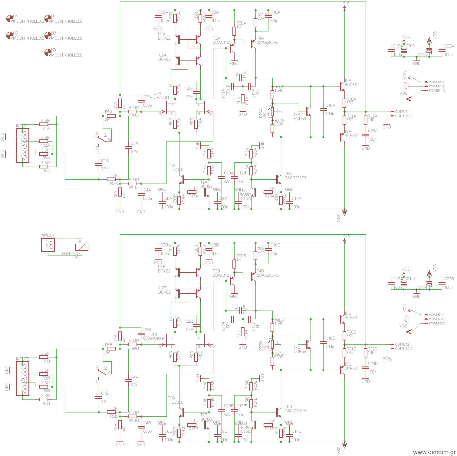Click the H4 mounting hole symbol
coord(10,19)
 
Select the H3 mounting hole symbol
coord(48,53)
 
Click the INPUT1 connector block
coord(23,145)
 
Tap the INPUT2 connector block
coord(23,378)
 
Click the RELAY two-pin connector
coord(48,245)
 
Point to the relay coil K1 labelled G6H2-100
coord(81,247)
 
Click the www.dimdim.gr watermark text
coord(434,452)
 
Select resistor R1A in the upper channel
coord(44,124)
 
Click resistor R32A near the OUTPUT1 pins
coord(366,120)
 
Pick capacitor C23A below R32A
coord(366,135)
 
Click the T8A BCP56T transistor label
coord(351,83)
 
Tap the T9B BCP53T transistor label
coord(351,366)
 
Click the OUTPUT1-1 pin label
coord(403,112)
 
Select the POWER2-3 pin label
coord(437,323)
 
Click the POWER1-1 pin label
coord(436,82)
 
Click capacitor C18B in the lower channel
coord(323,343)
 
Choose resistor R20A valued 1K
coord(234,31)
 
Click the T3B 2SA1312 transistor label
coord(221,273)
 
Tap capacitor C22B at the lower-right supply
coord(442,283)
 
